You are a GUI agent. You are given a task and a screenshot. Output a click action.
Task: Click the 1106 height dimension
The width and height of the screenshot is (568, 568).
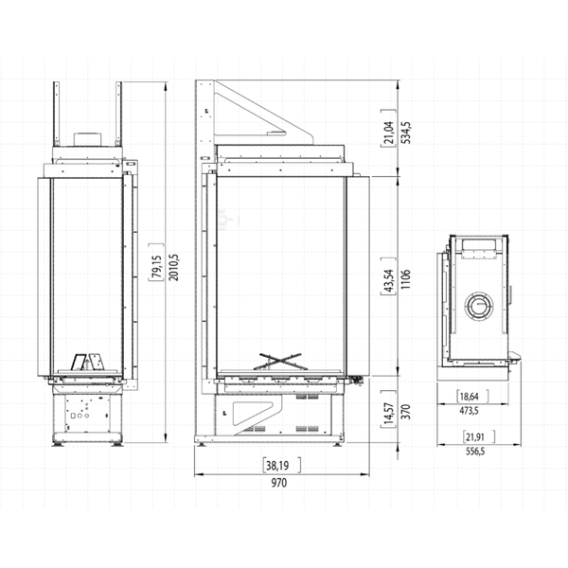(x=405, y=280)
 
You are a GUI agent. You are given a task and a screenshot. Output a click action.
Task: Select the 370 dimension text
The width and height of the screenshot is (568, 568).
(x=405, y=414)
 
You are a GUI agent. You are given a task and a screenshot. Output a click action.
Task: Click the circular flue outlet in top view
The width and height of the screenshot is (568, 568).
(x=480, y=307)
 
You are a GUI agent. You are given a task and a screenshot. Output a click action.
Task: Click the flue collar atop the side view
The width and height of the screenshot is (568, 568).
(x=89, y=138)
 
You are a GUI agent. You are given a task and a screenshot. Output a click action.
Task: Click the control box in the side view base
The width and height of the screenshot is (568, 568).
(x=87, y=412)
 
